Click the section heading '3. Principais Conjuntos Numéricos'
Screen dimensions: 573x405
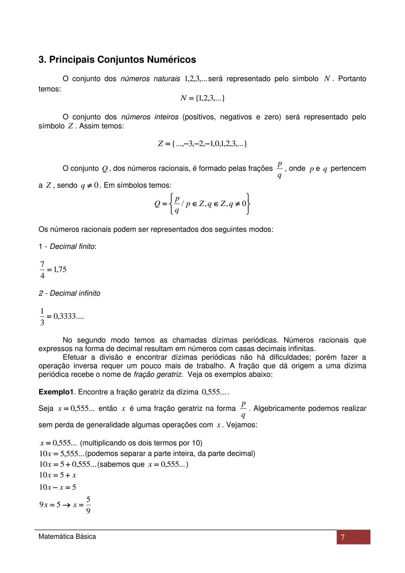tap(117, 60)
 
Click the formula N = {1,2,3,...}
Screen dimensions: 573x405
tap(202, 98)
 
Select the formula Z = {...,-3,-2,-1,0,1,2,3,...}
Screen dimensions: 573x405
tap(202, 144)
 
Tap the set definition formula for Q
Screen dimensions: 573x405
tap(202, 203)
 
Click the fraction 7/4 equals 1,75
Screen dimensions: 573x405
tap(53, 269)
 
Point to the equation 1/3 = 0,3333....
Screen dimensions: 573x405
tap(61, 316)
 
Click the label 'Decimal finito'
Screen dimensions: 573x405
tap(73, 247)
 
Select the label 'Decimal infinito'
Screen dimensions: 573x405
tap(75, 293)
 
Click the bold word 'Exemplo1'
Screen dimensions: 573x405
tap(56, 392)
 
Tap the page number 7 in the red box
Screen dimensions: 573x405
tap(342, 537)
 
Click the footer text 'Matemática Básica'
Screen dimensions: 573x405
tap(67, 537)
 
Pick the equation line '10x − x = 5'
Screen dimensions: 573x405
tap(58, 487)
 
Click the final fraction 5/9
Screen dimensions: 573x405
tap(88, 505)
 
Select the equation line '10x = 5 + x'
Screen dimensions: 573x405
tap(58, 475)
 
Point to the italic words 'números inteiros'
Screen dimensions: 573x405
tap(150, 117)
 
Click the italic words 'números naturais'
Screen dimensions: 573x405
tap(150, 79)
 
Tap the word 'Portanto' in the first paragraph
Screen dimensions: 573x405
tap(352, 79)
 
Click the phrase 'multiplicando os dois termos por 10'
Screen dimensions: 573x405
tap(141, 443)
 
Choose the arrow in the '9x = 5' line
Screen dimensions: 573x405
tap(66, 505)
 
